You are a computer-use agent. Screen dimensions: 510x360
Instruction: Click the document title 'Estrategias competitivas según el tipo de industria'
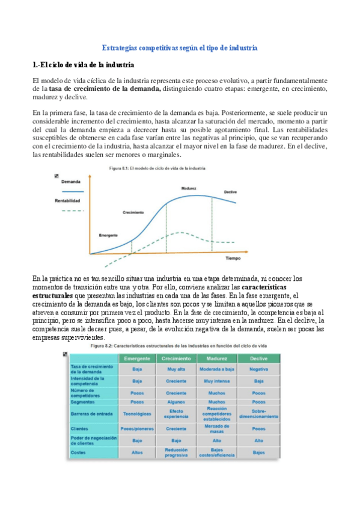click(x=180, y=47)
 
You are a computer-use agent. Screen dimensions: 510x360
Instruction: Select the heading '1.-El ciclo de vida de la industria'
click(x=83, y=64)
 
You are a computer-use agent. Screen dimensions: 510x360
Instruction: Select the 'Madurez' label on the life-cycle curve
click(x=190, y=188)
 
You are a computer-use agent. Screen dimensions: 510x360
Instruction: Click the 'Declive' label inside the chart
click(x=230, y=192)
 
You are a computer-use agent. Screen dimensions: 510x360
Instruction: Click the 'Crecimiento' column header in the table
click(x=177, y=358)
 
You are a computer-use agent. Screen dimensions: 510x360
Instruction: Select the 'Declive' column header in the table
click(x=260, y=358)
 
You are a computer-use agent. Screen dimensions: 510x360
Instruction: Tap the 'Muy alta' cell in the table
click(x=177, y=370)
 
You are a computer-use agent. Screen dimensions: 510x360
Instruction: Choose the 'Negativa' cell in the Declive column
click(x=260, y=370)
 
